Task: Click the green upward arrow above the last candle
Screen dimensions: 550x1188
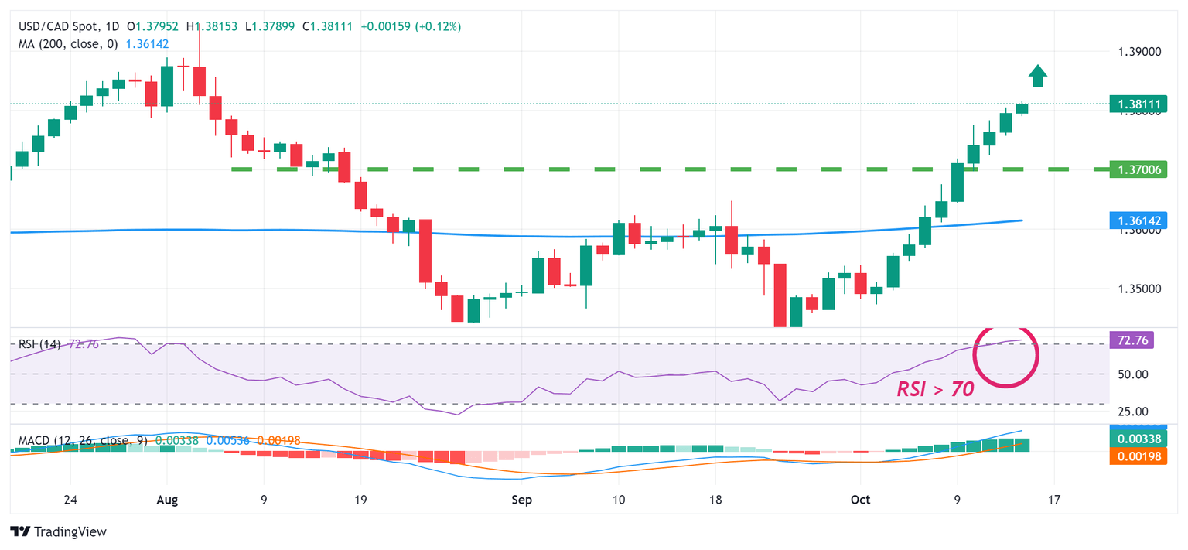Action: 1038,76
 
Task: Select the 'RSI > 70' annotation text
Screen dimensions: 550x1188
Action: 935,389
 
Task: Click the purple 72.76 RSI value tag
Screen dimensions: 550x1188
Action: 1132,340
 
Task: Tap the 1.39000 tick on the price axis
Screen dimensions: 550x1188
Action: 1139,52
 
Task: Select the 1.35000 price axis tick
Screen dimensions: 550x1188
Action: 1139,289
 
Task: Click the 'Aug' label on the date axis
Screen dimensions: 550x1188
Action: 167,500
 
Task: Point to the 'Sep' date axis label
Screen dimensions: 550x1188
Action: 522,500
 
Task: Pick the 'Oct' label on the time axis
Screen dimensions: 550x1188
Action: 860,500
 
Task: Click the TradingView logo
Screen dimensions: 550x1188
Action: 59,532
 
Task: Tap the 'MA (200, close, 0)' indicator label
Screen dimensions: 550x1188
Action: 68,44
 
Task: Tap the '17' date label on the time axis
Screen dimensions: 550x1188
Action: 1053,500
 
